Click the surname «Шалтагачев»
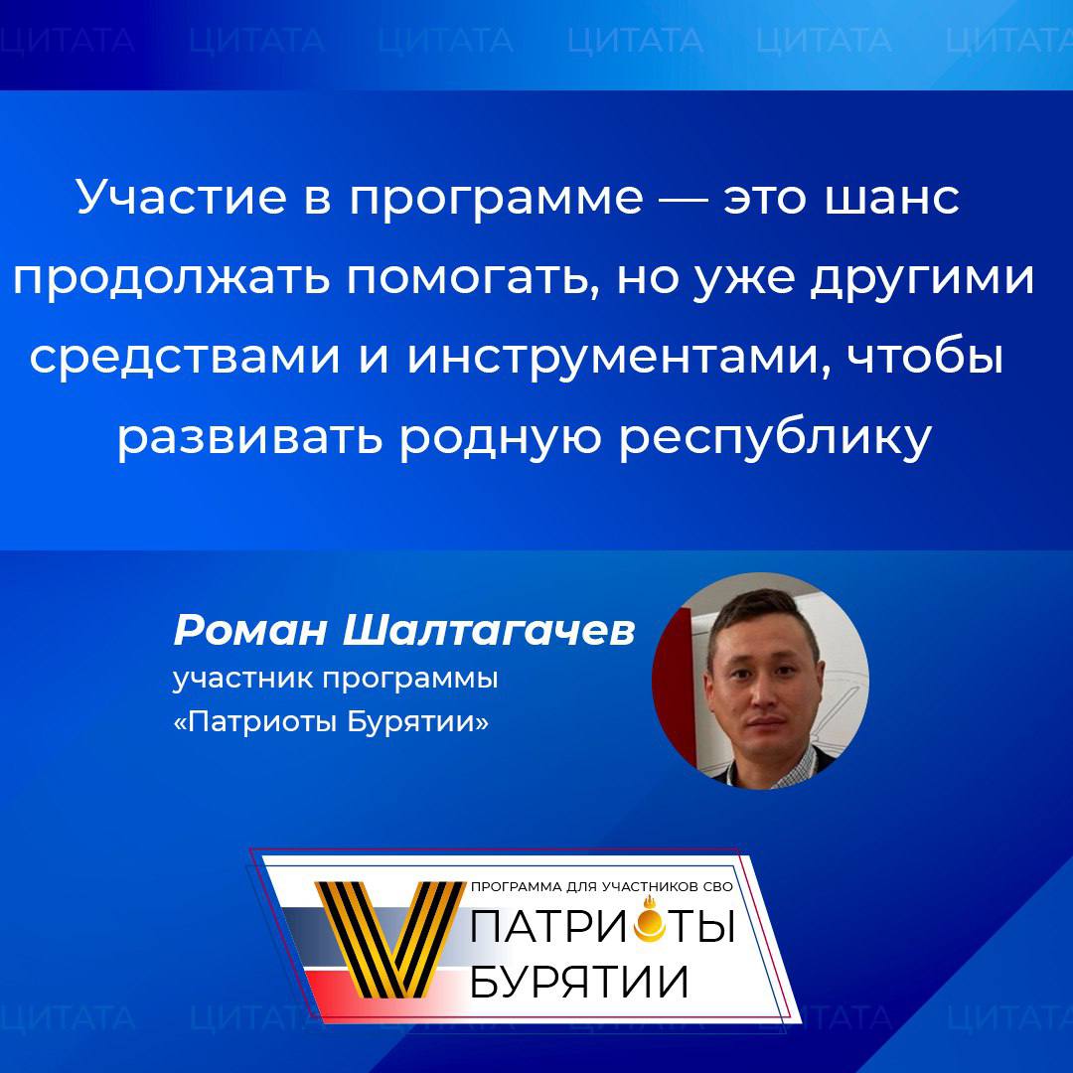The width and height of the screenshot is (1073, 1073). pyautogui.click(x=487, y=630)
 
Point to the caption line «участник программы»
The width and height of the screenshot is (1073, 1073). pyautogui.click(x=335, y=681)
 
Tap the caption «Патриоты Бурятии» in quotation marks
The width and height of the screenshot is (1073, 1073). pyautogui.click(x=332, y=722)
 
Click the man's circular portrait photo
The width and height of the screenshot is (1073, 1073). pyautogui.click(x=760, y=681)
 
